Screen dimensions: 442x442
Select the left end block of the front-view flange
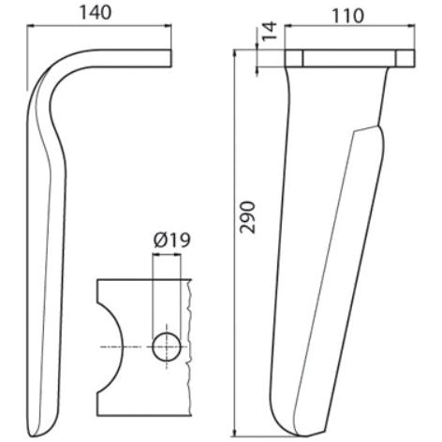pyautogui.click(x=293, y=58)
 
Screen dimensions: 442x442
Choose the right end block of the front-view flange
pyautogui.click(x=405, y=58)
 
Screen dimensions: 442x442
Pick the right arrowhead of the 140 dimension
pyautogui.click(x=168, y=28)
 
